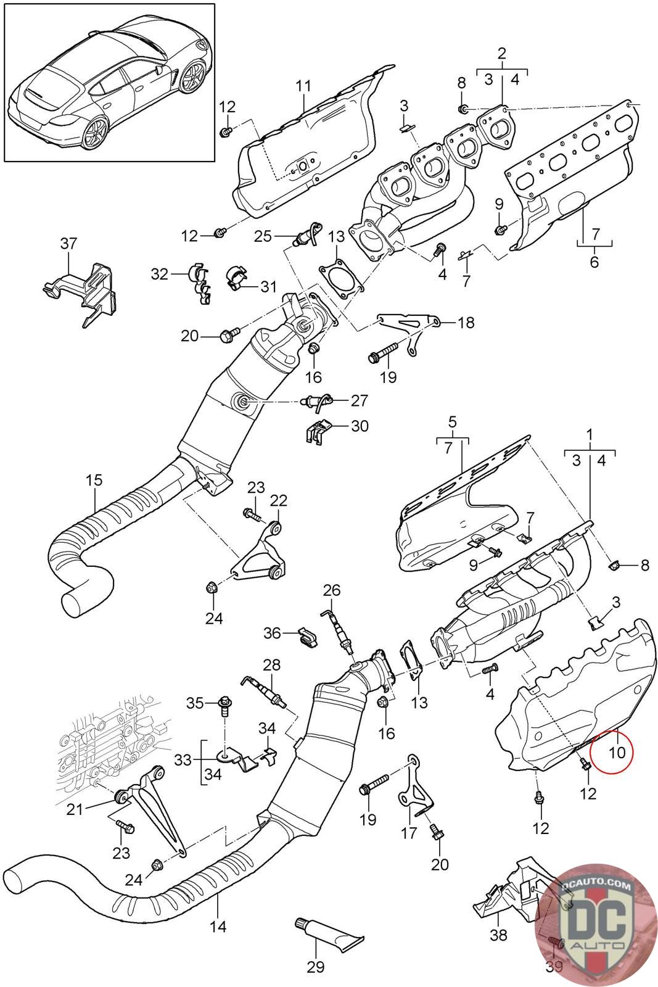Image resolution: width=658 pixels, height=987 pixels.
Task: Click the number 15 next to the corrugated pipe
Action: [94, 479]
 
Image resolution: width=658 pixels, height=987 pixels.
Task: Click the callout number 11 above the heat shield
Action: [303, 86]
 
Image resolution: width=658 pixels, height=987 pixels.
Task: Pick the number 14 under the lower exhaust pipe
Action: [218, 926]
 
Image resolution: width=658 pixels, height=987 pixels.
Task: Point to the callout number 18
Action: [466, 322]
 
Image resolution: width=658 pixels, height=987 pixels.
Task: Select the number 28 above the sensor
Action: [271, 665]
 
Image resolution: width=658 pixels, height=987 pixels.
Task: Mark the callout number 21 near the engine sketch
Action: [75, 809]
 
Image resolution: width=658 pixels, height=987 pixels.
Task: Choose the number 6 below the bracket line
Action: [594, 262]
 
